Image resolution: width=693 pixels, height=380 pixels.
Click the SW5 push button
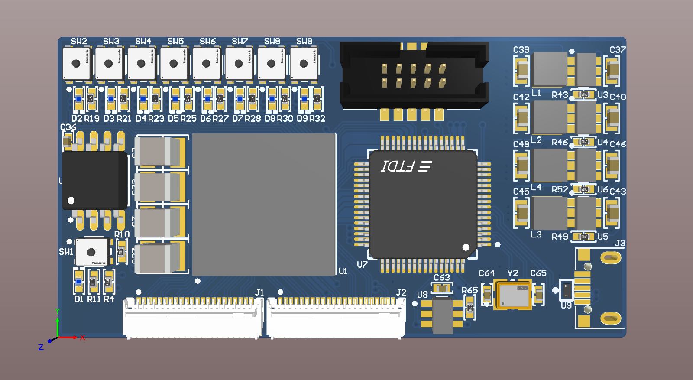click(174, 63)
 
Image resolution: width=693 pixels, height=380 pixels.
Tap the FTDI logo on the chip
click(406, 166)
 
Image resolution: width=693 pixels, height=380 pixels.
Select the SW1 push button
click(91, 252)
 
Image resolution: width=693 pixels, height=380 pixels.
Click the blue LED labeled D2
click(78, 99)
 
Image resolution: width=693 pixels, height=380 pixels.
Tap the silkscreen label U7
click(362, 265)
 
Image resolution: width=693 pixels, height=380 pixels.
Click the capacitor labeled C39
click(521, 70)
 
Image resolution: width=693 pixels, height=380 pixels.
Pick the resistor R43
click(584, 94)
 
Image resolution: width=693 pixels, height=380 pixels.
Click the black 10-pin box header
click(414, 75)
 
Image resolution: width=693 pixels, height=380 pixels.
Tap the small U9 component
click(566, 290)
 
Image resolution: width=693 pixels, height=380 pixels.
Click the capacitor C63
click(442, 288)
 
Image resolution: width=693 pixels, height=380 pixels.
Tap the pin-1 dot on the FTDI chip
click(466, 247)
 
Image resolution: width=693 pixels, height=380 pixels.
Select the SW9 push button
click(304, 63)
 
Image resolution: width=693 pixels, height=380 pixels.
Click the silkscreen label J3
click(620, 244)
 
